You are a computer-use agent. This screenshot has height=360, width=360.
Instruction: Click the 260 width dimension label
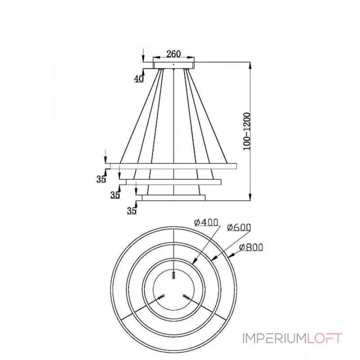click(x=173, y=54)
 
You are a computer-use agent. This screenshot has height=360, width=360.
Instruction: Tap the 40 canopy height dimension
click(x=139, y=79)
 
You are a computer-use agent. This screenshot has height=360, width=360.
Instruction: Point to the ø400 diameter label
click(x=206, y=222)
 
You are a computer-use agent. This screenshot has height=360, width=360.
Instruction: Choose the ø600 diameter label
click(x=239, y=228)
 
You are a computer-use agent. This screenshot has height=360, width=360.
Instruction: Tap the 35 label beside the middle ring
click(x=115, y=195)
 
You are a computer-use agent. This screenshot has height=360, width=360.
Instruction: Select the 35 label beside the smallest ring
click(x=131, y=210)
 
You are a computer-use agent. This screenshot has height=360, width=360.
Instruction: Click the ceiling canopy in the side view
click(x=174, y=66)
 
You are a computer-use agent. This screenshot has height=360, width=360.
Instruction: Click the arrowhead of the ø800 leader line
click(x=230, y=256)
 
